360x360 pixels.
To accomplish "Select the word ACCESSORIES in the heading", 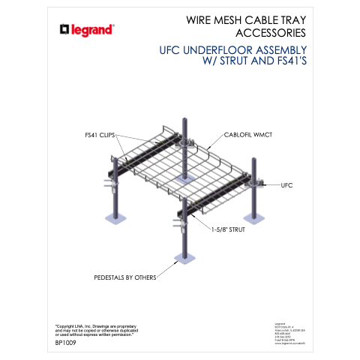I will [260, 33].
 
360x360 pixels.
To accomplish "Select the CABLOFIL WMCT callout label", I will [250, 136].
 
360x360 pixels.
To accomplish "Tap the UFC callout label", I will [286, 184].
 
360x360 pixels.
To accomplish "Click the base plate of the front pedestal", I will [184, 257].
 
